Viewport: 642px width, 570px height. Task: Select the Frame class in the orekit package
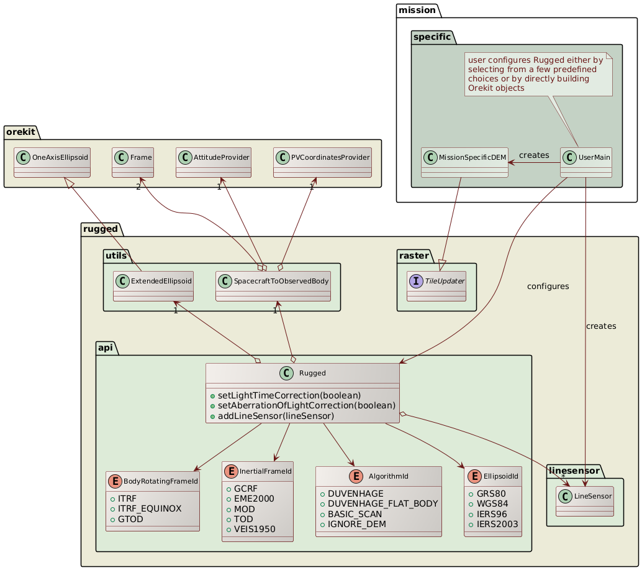pyautogui.click(x=132, y=162)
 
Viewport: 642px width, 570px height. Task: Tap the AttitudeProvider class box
pyautogui.click(x=214, y=162)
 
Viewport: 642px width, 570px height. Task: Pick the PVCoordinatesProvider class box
pyautogui.click(x=322, y=162)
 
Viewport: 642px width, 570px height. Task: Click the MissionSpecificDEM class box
pyautogui.click(x=464, y=162)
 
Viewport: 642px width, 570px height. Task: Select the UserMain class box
pyautogui.click(x=586, y=162)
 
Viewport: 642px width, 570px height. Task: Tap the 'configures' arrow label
pyautogui.click(x=548, y=287)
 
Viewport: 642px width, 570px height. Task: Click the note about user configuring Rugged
pyautogui.click(x=538, y=74)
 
